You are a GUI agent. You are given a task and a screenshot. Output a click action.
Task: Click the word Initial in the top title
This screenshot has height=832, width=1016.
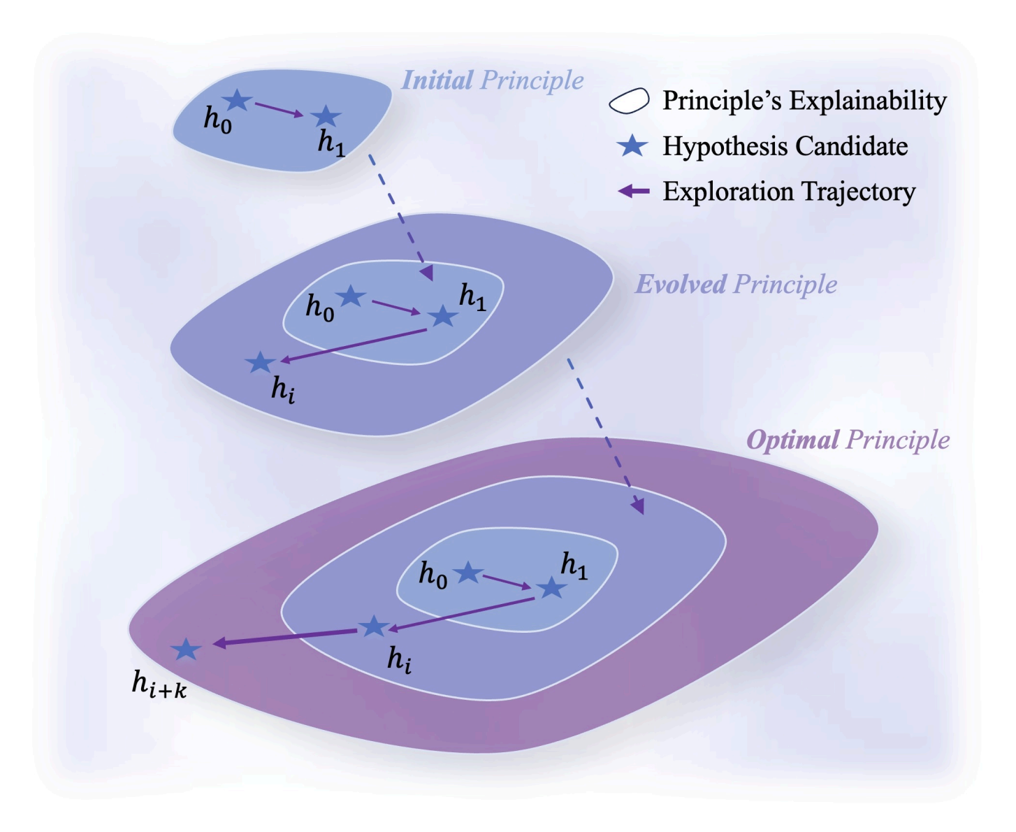coord(437,80)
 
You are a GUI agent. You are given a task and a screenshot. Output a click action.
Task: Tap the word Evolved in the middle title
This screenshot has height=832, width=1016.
coord(681,285)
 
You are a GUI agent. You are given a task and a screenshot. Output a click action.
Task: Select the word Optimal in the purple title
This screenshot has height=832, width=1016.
coord(792,440)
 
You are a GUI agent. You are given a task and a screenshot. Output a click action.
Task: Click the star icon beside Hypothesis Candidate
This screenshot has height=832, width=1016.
coord(632,146)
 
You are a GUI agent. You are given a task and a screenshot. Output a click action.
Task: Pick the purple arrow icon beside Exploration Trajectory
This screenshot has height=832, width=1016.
coord(634,191)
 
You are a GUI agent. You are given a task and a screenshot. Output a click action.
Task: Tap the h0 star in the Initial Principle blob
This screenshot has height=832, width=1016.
coord(237,101)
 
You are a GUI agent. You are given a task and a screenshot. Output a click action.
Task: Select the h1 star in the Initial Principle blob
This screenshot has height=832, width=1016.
coord(325,117)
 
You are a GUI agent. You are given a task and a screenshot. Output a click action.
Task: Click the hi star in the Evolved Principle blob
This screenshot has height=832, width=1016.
coord(261,362)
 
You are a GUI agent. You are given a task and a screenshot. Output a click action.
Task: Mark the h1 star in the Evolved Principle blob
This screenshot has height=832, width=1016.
coord(442,317)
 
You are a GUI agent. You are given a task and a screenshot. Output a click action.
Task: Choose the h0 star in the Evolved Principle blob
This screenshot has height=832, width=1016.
coord(351,296)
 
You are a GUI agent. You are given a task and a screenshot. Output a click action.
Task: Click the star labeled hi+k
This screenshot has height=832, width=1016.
coord(186,650)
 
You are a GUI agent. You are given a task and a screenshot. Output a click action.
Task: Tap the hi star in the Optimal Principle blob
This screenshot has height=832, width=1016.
coord(374,626)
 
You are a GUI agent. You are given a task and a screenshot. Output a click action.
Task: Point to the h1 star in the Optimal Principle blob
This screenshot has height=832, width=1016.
coord(551,588)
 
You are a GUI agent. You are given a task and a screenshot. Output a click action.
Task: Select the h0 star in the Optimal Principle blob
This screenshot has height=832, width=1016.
coord(468,573)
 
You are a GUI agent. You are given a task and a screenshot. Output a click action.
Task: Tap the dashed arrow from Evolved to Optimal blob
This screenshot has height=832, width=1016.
coord(605,436)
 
